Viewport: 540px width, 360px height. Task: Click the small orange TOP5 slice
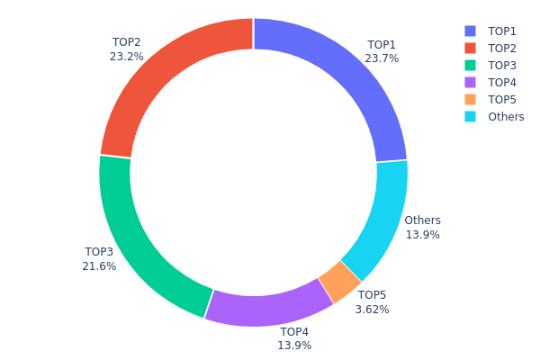pyautogui.click(x=340, y=281)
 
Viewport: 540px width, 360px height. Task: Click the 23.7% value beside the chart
pyautogui.click(x=382, y=58)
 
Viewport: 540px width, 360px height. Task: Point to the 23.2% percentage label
pyautogui.click(x=127, y=56)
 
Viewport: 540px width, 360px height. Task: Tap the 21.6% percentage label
pyautogui.click(x=100, y=266)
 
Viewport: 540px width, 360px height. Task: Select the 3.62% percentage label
pyautogui.click(x=372, y=309)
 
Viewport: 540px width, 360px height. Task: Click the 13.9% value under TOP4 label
pyautogui.click(x=294, y=346)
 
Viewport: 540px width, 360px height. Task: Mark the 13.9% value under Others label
pyautogui.click(x=422, y=235)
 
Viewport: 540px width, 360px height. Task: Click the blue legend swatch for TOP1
pyautogui.click(x=471, y=31)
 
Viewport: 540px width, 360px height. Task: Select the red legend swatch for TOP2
pyautogui.click(x=471, y=49)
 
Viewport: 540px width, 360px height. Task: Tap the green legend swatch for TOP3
pyautogui.click(x=471, y=66)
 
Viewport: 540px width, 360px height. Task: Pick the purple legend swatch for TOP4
pyautogui.click(x=471, y=83)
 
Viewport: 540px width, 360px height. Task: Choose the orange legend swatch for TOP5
pyautogui.click(x=471, y=100)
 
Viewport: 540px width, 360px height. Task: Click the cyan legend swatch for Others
pyautogui.click(x=471, y=117)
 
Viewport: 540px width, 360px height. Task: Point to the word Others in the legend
pyautogui.click(x=506, y=117)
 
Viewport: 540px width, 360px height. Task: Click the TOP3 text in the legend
pyautogui.click(x=502, y=66)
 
